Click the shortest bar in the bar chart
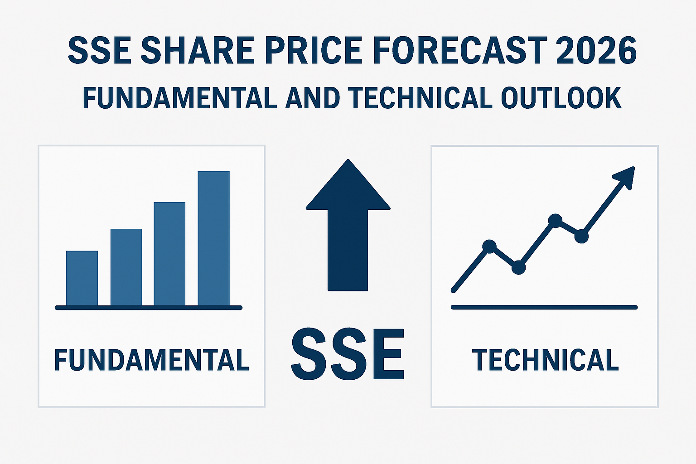82,278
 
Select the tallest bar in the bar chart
214,238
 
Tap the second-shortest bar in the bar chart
126,267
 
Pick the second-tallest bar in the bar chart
169,254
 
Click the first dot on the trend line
489,246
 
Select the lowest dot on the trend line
518,268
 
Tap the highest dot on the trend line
555,221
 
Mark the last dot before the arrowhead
581,237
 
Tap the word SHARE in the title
198,50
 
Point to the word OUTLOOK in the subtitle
561,97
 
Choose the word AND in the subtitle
313,97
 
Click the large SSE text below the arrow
348,354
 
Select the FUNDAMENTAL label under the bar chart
152,360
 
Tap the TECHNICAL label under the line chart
545,360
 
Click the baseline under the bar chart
149,308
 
